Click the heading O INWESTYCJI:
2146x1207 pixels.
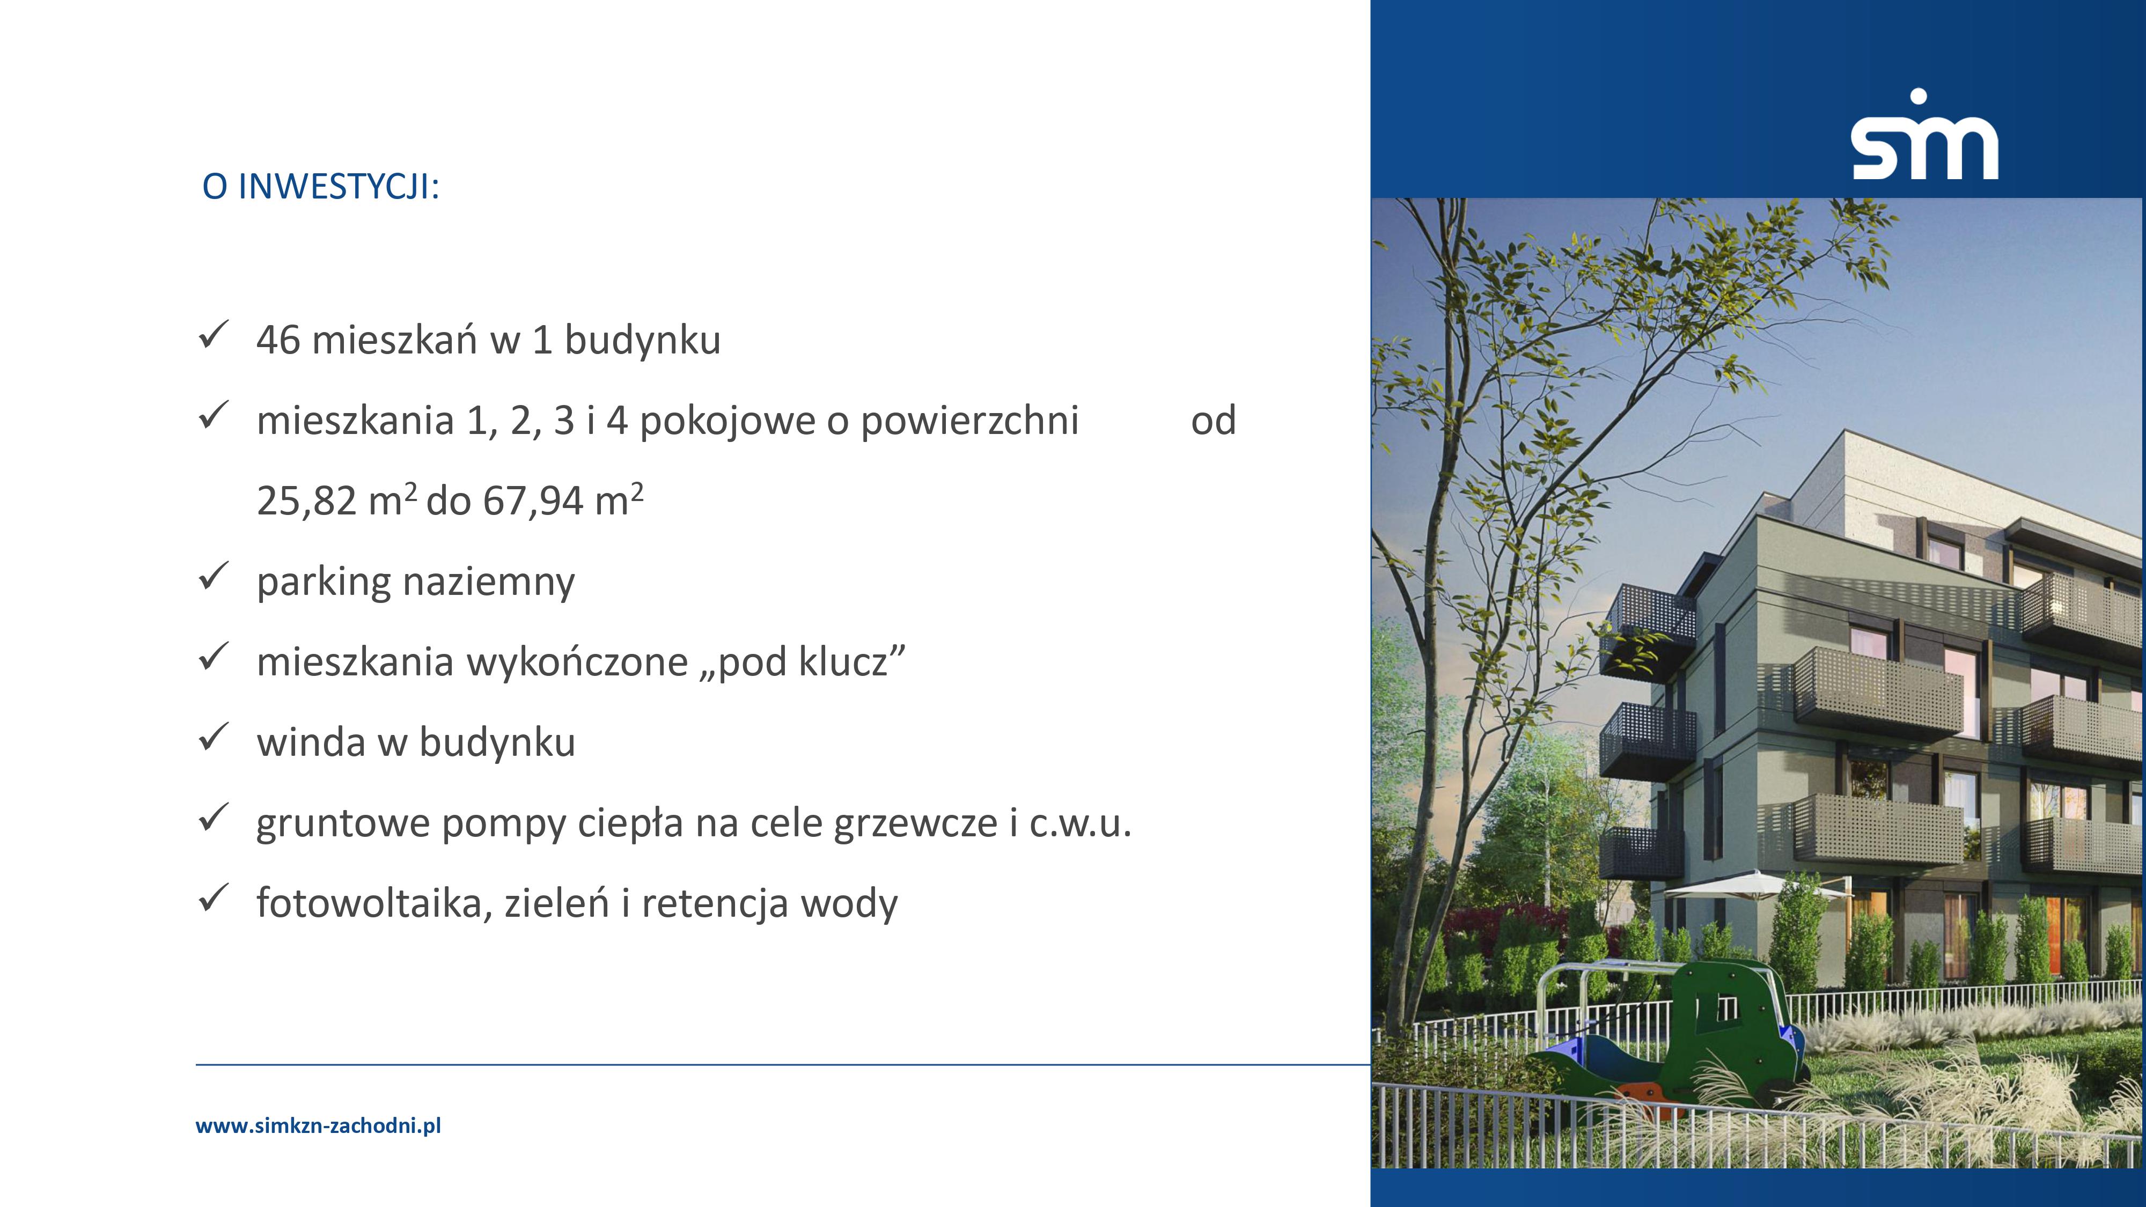point(321,187)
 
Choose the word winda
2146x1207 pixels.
point(311,742)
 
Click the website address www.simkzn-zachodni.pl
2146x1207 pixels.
point(318,1126)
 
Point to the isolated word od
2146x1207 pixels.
point(1213,421)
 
